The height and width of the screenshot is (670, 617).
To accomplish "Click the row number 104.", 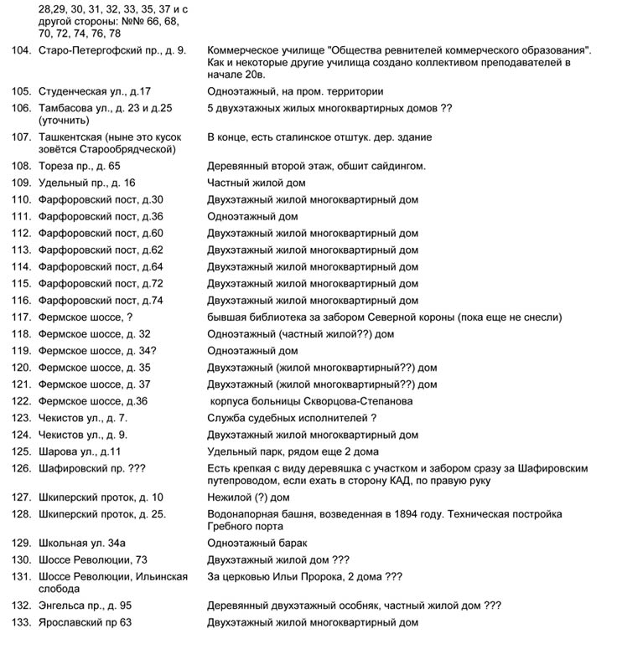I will [x=22, y=52].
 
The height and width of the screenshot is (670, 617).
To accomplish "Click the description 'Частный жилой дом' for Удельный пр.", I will [x=256, y=183].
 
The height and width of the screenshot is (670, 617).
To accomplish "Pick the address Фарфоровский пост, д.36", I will [x=101, y=216].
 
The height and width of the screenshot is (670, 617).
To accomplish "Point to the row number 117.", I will [x=22, y=317].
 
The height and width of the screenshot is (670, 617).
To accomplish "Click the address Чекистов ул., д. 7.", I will [x=83, y=418].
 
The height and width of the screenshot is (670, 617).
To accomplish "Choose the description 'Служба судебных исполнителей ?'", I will [x=291, y=418].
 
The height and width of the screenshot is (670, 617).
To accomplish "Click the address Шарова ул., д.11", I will [x=80, y=451].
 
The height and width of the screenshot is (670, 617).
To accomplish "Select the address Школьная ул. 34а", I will [x=82, y=543].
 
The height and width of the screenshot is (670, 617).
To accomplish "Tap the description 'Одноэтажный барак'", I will [x=257, y=543].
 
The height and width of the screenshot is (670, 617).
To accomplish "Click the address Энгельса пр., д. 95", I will [x=85, y=606].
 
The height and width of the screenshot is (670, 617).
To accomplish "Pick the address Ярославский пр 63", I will [x=85, y=622].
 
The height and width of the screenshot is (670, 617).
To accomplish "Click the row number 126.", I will [x=22, y=468].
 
